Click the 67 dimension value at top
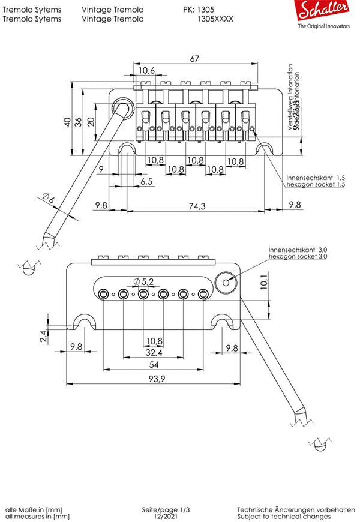coord(194,59)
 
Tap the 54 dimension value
coord(153,365)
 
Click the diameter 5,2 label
coord(144,281)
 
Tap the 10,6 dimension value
coord(147,71)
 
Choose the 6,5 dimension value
coord(146,181)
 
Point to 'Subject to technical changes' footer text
coord(283,516)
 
